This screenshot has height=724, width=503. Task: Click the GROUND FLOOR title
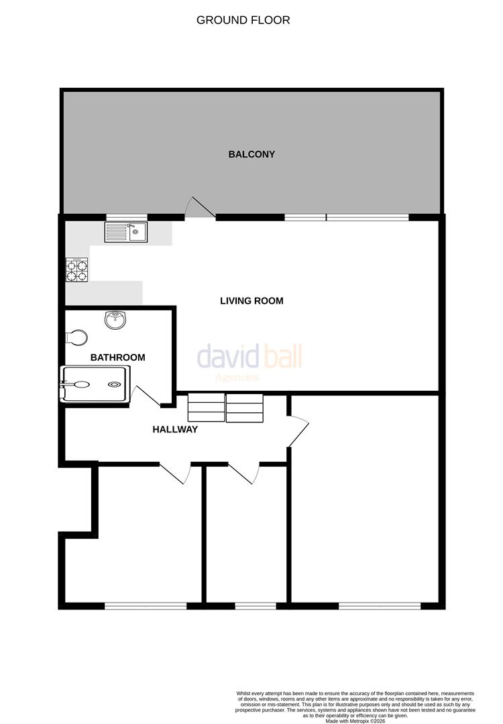click(243, 20)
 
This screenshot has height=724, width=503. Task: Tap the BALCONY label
click(251, 154)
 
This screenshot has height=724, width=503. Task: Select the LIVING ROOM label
click(251, 301)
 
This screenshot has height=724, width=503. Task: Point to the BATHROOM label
click(117, 357)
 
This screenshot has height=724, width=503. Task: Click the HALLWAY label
click(175, 429)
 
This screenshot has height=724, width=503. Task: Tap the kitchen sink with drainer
click(125, 232)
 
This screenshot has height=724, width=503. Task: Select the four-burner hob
click(76, 269)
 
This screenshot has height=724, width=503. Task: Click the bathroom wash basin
click(115, 320)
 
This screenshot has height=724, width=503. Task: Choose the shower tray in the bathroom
click(95, 384)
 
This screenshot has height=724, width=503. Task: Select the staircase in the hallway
click(226, 408)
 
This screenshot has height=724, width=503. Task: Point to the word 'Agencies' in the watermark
click(236, 377)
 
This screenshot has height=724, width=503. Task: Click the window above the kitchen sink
click(126, 217)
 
